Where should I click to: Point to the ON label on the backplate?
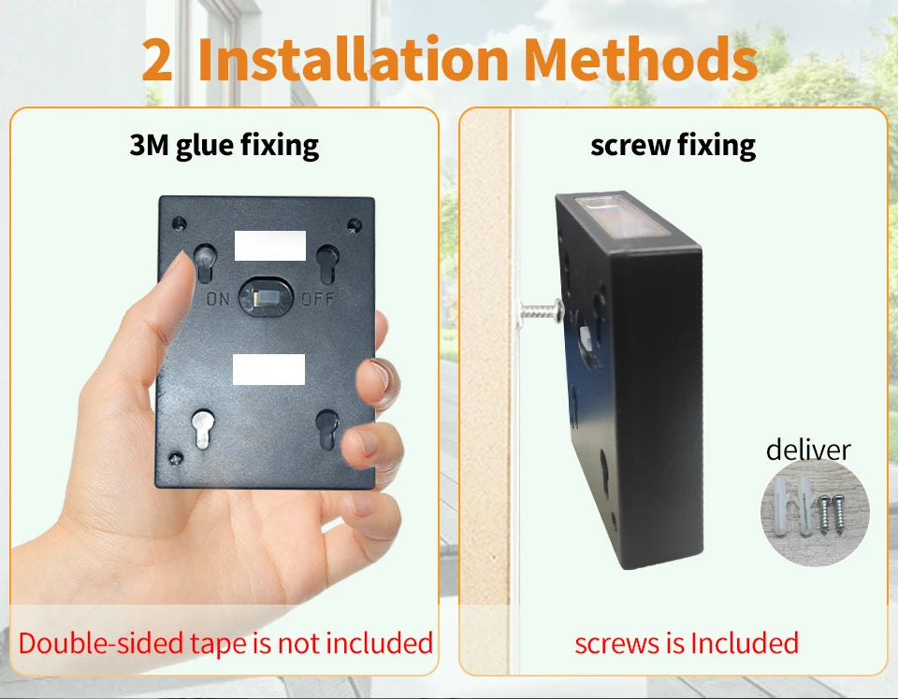pyautogui.click(x=217, y=300)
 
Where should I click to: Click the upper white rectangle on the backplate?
pyautogui.click(x=270, y=245)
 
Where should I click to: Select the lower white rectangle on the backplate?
pyautogui.click(x=269, y=368)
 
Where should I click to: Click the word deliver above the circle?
pyautogui.click(x=808, y=449)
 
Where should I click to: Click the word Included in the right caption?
pyautogui.click(x=745, y=643)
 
